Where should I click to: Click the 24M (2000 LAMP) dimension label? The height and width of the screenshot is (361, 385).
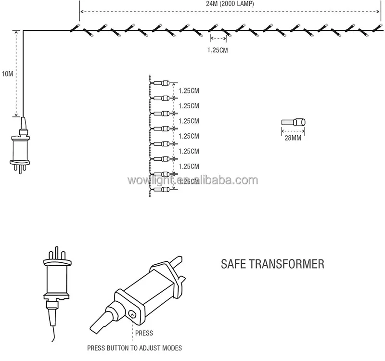(230, 4)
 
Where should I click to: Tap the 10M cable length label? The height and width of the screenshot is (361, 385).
(7, 74)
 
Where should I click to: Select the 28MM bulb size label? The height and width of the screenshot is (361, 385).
(293, 138)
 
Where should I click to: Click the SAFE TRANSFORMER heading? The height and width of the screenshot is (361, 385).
(272, 264)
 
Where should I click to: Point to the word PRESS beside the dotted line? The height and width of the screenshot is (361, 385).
(144, 333)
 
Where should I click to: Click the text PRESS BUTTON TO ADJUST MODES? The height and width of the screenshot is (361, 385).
(135, 348)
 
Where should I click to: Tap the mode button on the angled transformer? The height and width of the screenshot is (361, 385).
(132, 314)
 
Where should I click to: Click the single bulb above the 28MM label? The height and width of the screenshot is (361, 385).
(293, 122)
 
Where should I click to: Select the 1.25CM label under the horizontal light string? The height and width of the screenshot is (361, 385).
(218, 50)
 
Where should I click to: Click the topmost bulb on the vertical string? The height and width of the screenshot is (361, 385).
(161, 83)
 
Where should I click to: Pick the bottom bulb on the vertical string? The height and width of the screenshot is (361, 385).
(161, 189)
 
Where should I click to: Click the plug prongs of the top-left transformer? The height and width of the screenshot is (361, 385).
(20, 168)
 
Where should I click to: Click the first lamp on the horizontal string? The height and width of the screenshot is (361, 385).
(75, 28)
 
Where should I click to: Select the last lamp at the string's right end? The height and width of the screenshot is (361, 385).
(377, 28)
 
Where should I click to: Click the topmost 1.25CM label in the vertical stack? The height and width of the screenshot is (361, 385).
(189, 90)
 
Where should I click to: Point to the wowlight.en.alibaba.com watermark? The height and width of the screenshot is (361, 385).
(193, 180)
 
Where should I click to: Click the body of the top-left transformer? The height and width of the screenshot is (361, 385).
(20, 150)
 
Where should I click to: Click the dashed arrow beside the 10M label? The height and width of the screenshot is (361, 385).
(16, 74)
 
